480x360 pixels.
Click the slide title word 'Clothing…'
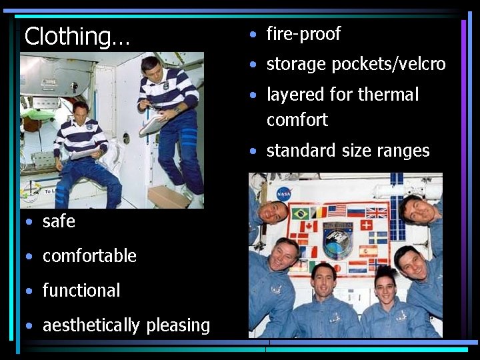[77, 36]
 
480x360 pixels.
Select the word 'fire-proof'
[303, 34]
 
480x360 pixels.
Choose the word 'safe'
[59, 221]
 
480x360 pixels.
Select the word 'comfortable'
[89, 256]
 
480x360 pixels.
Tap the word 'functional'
[81, 291]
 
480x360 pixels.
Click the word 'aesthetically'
[91, 325]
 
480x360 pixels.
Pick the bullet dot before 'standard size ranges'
[253, 151]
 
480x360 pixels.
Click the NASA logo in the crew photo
[284, 193]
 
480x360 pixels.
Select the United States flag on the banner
[337, 211]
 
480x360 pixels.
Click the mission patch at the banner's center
[339, 239]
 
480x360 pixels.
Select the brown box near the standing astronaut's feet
[167, 196]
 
